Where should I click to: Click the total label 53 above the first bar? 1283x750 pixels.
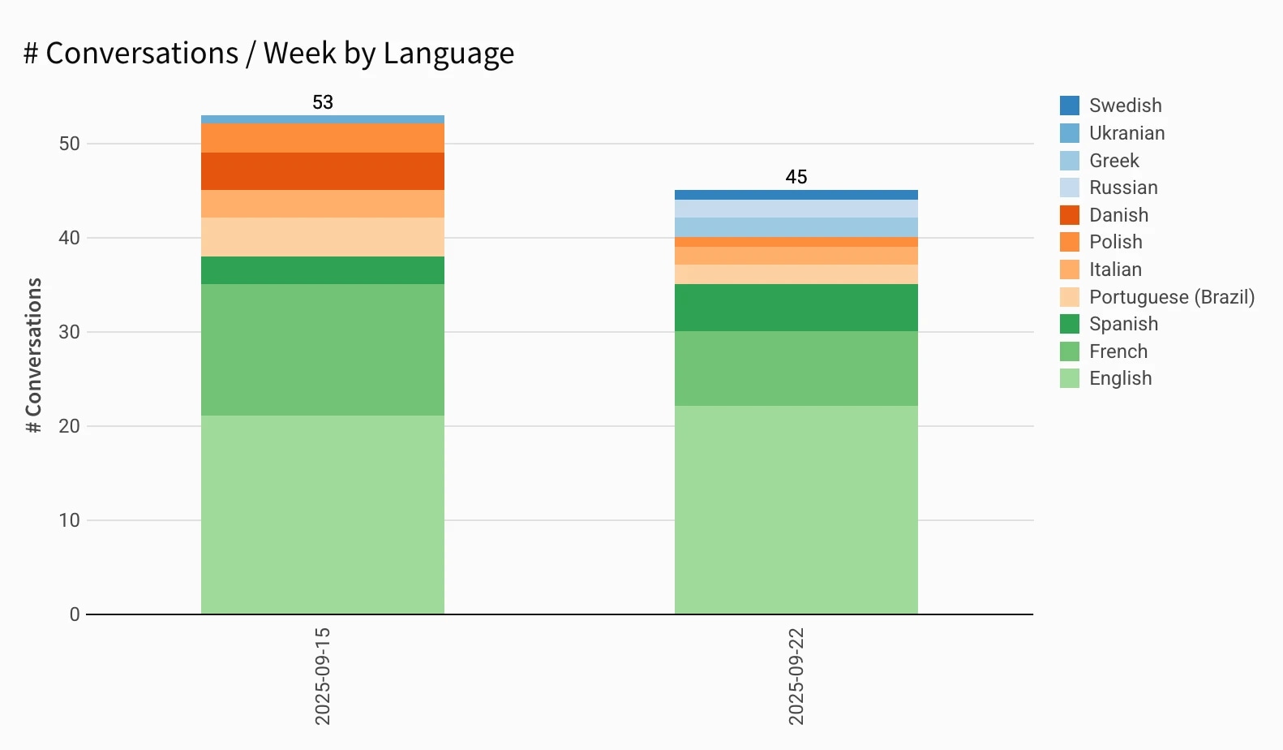point(323,102)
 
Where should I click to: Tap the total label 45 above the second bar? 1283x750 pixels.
point(796,177)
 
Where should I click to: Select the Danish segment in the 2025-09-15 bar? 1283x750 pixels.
point(323,171)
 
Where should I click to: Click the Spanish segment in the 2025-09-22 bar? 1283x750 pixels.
point(796,308)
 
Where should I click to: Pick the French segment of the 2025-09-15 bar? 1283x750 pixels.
point(323,350)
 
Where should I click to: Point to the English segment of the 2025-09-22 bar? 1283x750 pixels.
point(796,510)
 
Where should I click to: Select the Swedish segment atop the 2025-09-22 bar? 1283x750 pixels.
point(796,195)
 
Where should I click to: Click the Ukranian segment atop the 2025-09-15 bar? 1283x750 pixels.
point(323,119)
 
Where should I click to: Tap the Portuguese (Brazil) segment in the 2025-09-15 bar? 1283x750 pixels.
point(323,237)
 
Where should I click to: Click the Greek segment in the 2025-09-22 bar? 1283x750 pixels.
point(796,227)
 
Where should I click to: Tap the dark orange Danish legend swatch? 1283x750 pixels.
point(1070,215)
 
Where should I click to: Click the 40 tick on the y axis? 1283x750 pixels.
point(69,238)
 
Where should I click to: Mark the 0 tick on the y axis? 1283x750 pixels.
point(75,614)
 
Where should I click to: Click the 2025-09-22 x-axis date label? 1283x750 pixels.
point(796,675)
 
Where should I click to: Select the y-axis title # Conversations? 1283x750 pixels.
point(33,356)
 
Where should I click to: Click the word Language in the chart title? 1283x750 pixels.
point(448,54)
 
